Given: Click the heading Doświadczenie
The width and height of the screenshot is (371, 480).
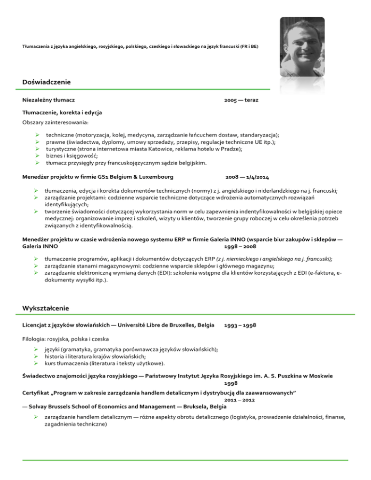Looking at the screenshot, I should (47, 83).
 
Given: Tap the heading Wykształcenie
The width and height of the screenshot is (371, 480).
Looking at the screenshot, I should (46, 308).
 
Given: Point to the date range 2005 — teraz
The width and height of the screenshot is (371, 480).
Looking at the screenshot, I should (241, 100).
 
